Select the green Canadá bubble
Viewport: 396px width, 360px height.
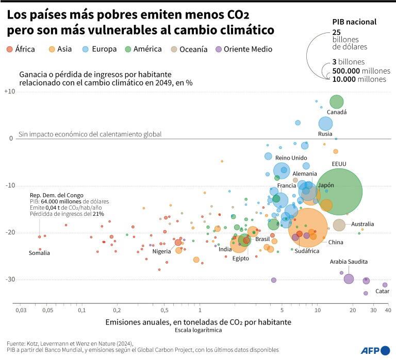pos(337,101)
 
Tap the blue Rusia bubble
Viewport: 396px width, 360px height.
pos(325,124)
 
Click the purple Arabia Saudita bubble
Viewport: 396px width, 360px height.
pos(349,279)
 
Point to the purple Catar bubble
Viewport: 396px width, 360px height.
pos(385,285)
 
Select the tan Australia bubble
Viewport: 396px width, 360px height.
pos(339,225)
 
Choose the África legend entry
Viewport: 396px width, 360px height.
pos(21,49)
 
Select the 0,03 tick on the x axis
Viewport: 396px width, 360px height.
pos(21,311)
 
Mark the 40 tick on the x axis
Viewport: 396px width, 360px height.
pos(387,311)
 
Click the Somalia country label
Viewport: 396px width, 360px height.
pos(39,253)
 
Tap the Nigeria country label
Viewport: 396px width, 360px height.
pos(161,251)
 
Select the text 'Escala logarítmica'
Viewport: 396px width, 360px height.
pos(198,330)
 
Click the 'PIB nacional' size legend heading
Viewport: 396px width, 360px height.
pos(354,22)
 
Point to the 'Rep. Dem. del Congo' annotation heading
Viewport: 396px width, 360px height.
pos(57,195)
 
